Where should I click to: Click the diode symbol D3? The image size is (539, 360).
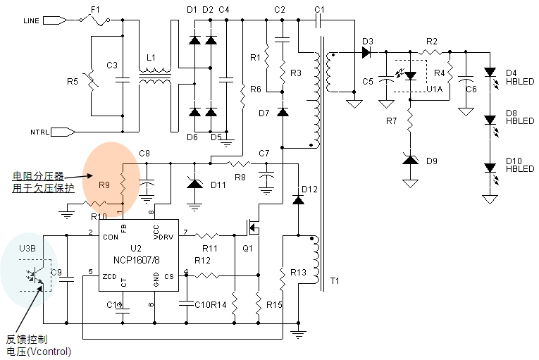tap(366, 51)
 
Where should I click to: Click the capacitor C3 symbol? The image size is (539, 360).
tap(123, 79)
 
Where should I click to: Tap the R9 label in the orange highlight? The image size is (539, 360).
tap(104, 185)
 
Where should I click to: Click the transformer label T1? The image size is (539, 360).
tap(334, 281)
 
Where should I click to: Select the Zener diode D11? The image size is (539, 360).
tap(195, 183)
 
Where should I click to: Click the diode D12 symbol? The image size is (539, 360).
tap(297, 199)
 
